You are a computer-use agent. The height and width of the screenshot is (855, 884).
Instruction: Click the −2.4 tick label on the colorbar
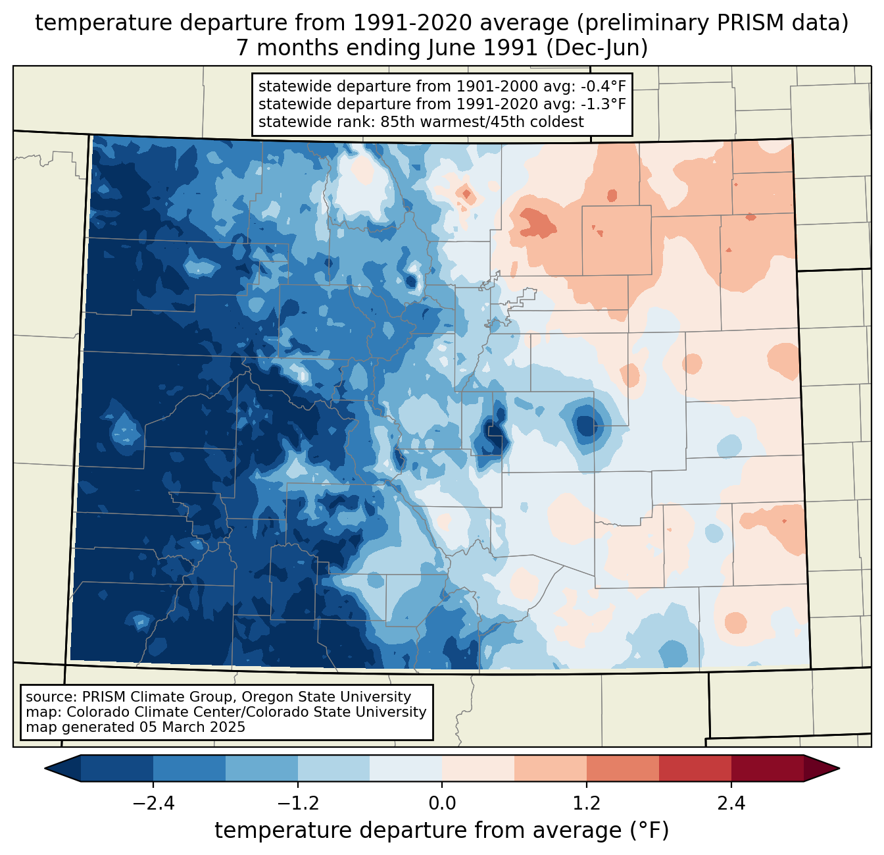tap(153, 804)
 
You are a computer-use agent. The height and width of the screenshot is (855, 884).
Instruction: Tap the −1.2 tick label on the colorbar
tap(298, 804)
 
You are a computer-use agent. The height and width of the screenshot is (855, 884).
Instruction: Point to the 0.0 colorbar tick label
tap(442, 804)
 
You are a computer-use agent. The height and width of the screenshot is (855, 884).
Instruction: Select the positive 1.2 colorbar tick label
tap(587, 804)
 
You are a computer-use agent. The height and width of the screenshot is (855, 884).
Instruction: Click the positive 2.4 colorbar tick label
tap(731, 804)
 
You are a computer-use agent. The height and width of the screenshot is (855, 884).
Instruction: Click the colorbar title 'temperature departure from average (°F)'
tap(442, 831)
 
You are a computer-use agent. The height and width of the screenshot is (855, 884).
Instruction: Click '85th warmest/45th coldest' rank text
tap(482, 122)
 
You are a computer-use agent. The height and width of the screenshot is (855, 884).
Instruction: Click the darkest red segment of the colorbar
tap(767, 768)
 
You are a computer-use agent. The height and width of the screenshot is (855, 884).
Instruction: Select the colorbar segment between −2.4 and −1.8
tap(189, 768)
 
